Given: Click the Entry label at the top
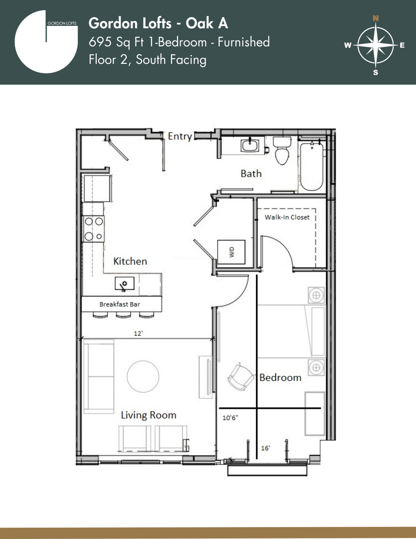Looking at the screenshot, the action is (180, 136).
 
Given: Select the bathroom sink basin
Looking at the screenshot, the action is (251, 145).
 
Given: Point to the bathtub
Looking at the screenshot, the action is (311, 166).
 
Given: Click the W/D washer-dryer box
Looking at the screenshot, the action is (231, 253).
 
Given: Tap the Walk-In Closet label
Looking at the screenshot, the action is (287, 217).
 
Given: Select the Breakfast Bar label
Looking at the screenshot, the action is (120, 304).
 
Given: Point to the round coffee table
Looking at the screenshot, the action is (143, 376).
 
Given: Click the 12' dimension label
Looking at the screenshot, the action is (138, 333).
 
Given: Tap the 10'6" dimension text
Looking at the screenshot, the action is (230, 418).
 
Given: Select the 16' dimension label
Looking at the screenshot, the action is (265, 448).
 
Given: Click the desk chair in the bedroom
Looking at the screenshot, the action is (241, 377).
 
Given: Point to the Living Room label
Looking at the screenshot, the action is (149, 415).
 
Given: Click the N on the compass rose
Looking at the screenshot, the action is (376, 18).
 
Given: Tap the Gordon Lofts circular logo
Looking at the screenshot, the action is (46, 41).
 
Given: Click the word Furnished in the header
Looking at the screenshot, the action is (243, 42).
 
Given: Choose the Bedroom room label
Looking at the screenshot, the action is (280, 377).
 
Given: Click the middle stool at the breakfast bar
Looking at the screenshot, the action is (123, 314).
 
